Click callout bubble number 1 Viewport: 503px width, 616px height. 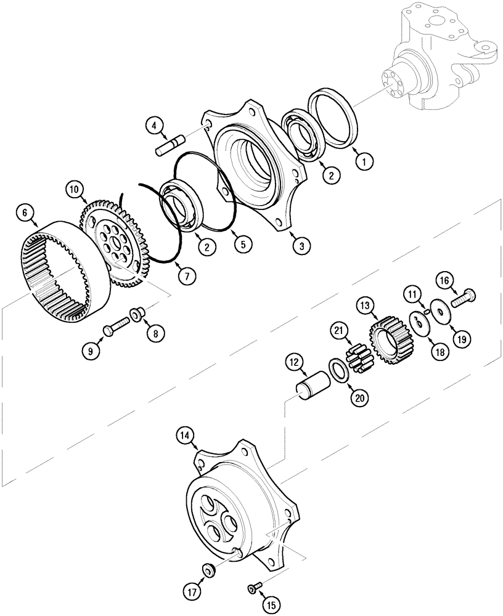point(364,162)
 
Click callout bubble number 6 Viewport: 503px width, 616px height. point(25,213)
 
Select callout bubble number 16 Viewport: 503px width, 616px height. point(445,282)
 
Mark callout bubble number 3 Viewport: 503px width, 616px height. point(302,245)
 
